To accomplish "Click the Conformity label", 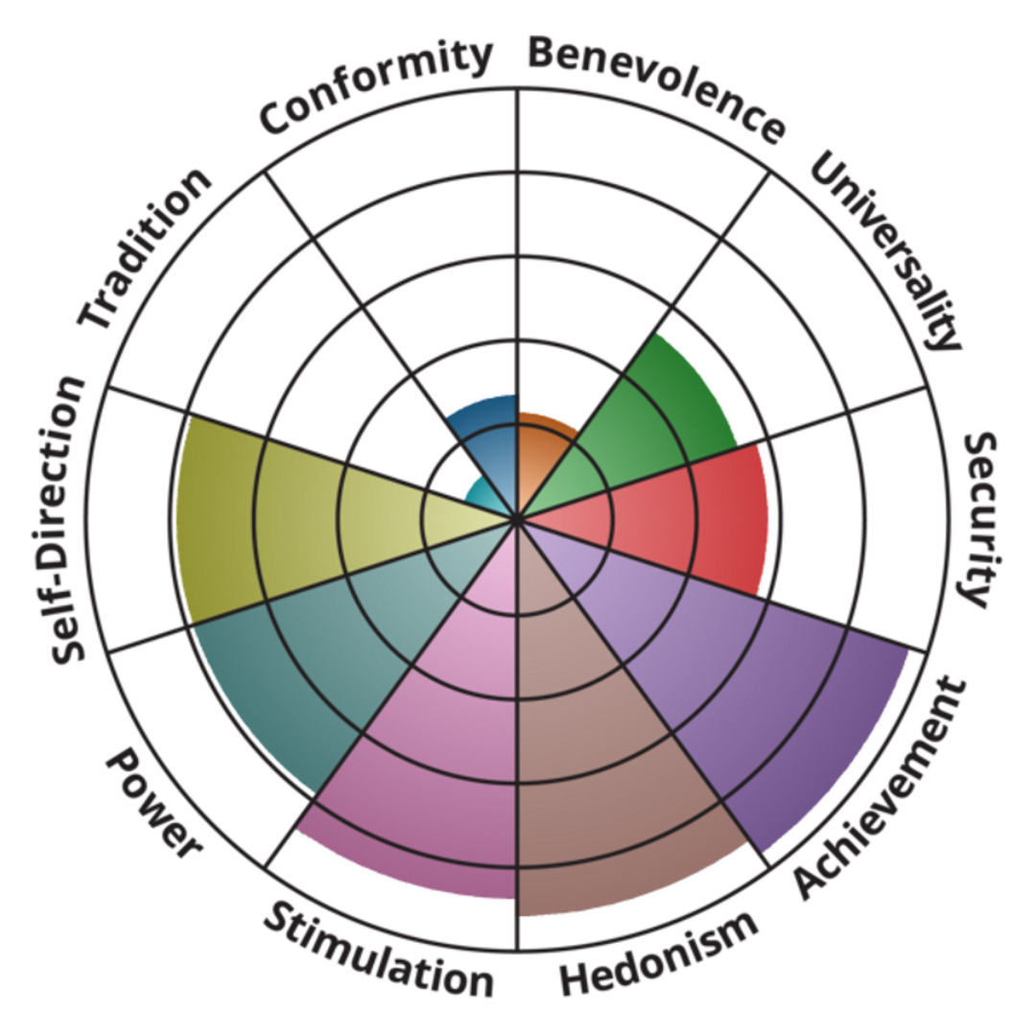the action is (x=376, y=87).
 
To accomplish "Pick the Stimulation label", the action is (x=378, y=949).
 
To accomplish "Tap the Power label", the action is (x=153, y=806).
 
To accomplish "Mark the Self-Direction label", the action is (x=69, y=519).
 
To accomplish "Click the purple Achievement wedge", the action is (x=758, y=691).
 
